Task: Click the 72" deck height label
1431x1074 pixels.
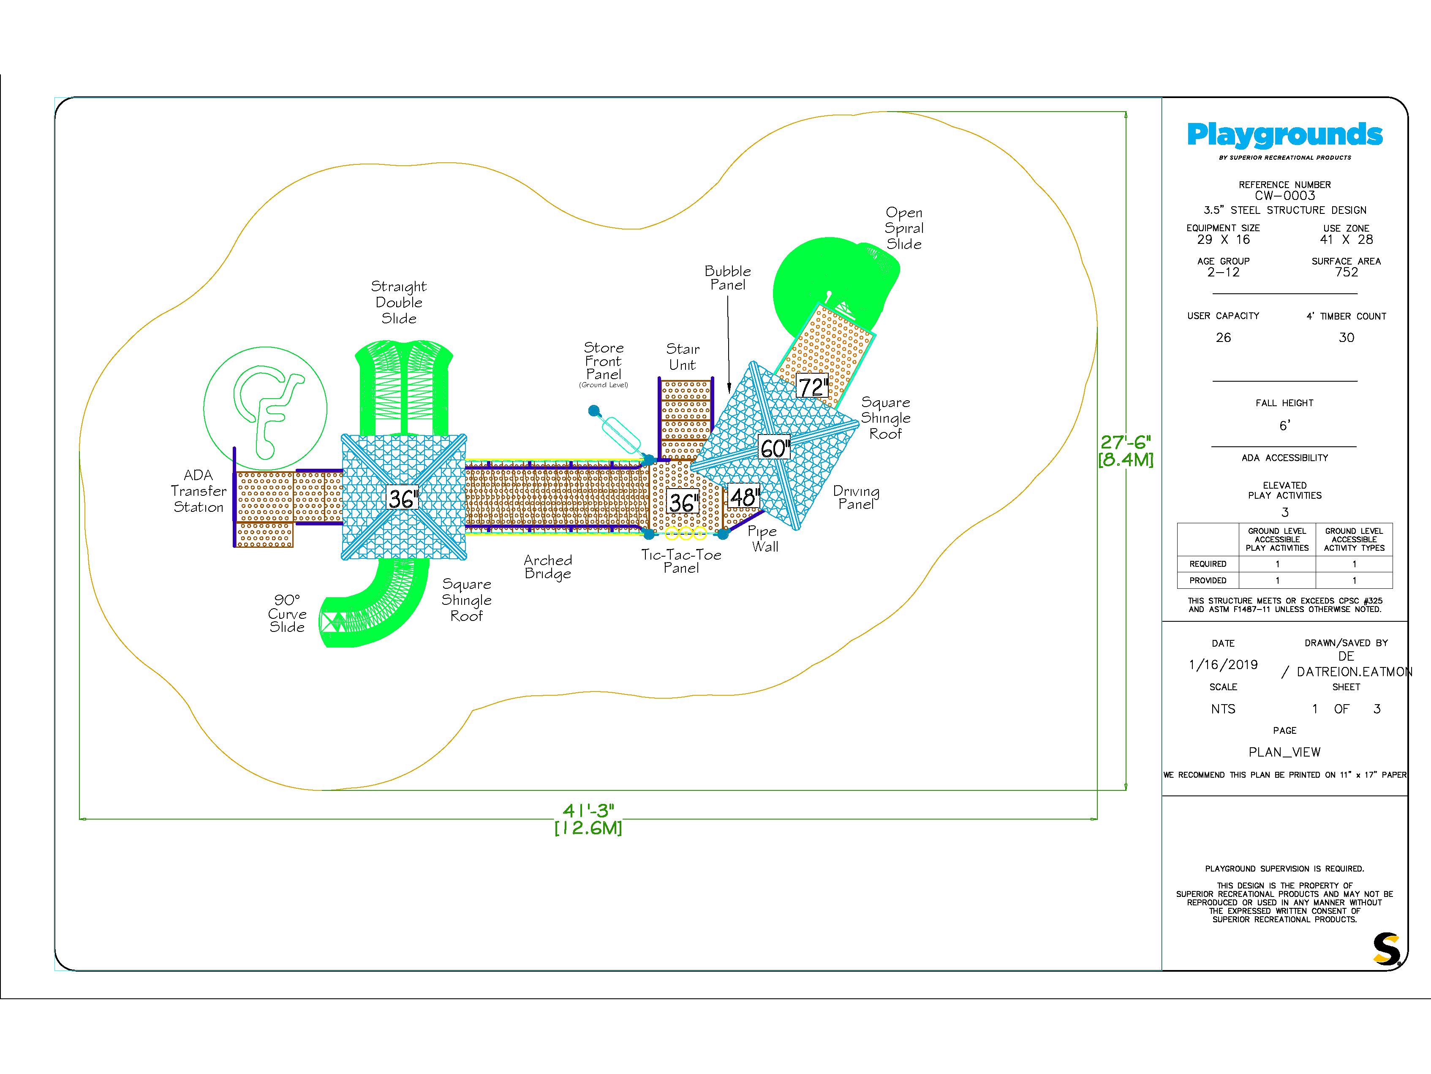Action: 812,387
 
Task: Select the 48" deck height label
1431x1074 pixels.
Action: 744,497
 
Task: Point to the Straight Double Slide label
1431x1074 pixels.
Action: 398,302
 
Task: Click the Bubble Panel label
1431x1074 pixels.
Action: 728,278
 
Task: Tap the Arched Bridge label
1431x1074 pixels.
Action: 548,567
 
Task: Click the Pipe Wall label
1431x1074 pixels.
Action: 763,538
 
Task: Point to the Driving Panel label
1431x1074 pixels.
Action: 856,497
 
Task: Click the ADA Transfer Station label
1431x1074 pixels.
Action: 199,492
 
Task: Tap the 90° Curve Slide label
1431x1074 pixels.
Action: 287,614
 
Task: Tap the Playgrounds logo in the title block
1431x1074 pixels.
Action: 1285,136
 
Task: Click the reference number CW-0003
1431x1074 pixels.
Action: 1285,196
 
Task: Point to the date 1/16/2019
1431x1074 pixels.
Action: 1223,665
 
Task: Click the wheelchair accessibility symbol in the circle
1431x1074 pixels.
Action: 265,408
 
